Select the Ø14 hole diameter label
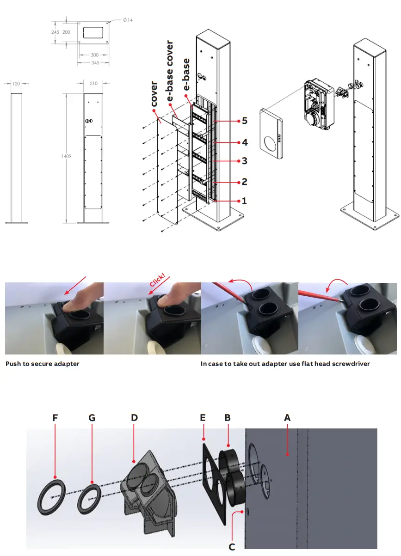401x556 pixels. (128, 20)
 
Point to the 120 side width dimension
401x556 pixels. (16, 84)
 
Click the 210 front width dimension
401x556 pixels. (94, 84)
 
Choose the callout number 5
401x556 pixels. (245, 121)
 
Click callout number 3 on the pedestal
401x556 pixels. (245, 161)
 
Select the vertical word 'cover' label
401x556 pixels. (154, 94)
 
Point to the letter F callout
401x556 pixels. (55, 418)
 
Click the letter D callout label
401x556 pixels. (134, 418)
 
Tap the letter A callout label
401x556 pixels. (287, 418)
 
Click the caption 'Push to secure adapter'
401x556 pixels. (42, 364)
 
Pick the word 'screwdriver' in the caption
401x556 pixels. (348, 364)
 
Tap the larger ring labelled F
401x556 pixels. (51, 496)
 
